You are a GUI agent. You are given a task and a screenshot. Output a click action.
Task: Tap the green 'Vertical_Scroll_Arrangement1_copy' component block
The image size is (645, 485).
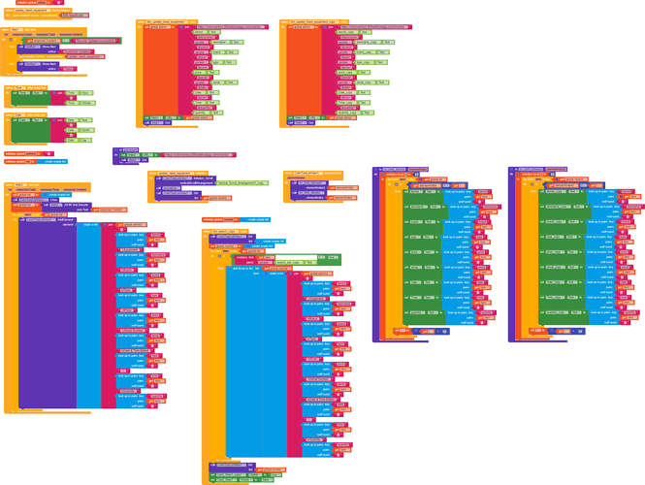(x=242, y=182)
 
